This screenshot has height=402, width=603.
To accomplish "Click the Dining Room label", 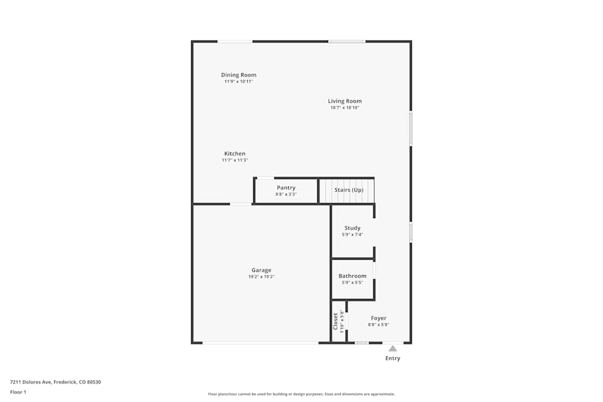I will (238, 75).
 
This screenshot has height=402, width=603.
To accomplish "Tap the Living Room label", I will (345, 101).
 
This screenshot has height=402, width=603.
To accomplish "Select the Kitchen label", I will (235, 154).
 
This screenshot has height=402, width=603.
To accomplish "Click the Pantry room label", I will (286, 188).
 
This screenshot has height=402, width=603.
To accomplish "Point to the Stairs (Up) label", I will (349, 190).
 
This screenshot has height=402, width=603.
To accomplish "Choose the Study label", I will (352, 228).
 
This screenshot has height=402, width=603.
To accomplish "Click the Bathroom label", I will (352, 276).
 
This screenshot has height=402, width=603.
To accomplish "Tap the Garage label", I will (261, 270).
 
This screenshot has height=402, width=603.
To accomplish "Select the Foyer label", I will (379, 318).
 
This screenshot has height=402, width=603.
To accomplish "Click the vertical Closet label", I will (336, 321).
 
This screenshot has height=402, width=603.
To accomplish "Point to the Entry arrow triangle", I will (393, 348).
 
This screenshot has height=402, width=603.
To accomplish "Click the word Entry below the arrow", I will (393, 359).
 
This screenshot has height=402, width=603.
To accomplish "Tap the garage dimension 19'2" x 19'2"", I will (261, 277).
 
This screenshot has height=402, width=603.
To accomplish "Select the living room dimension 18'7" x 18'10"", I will (345, 108).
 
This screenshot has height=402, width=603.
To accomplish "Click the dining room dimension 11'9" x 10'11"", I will (238, 81).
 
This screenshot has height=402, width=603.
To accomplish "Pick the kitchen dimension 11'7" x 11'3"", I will (235, 160).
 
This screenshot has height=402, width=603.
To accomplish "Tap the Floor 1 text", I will (19, 392).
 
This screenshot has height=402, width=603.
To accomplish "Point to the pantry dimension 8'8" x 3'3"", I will (286, 194).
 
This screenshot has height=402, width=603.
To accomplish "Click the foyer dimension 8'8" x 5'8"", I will (379, 324).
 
